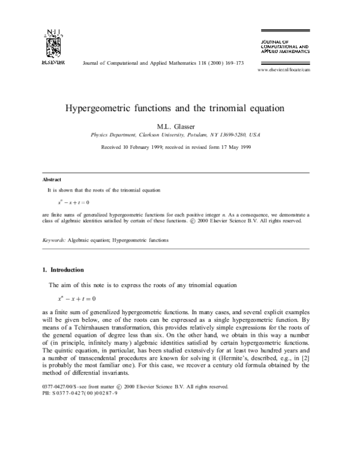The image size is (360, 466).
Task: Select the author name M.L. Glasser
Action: pos(179,127)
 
